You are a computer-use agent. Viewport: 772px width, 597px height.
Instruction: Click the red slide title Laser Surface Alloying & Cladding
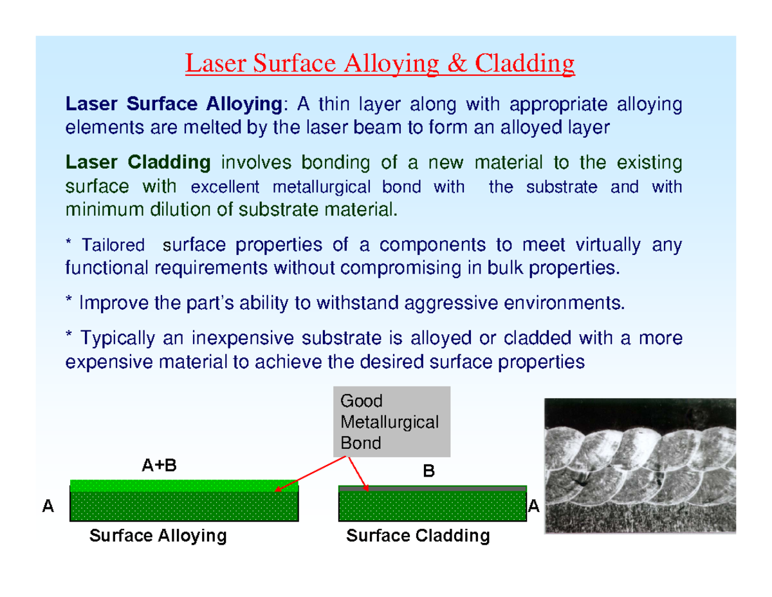click(x=380, y=64)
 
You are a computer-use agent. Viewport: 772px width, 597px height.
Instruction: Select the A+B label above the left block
click(x=158, y=466)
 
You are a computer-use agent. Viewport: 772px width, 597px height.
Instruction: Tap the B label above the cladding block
click(x=428, y=472)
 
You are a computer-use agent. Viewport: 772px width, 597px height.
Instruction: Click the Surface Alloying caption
click(x=158, y=536)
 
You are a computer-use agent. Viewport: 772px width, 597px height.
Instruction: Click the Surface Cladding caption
click(x=418, y=536)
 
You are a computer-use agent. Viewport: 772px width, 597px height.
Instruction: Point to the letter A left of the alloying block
click(x=47, y=506)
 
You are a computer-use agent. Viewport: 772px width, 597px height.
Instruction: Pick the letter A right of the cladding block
click(x=533, y=506)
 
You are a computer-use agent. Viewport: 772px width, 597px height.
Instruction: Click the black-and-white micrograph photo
click(x=639, y=466)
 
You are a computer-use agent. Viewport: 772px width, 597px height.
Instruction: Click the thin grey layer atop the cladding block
click(x=432, y=488)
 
